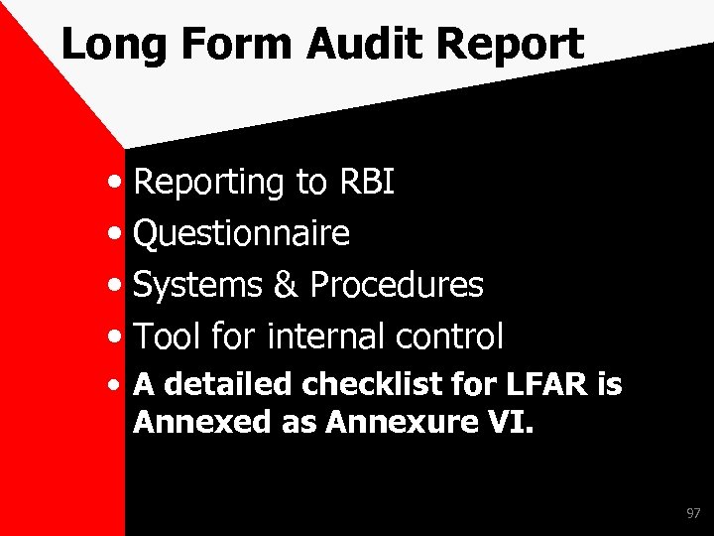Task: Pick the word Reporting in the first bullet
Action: [209, 182]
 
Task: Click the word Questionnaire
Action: [241, 234]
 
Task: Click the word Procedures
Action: [397, 286]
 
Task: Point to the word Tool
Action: [169, 337]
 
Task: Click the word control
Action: [450, 337]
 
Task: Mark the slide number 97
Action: [692, 514]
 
